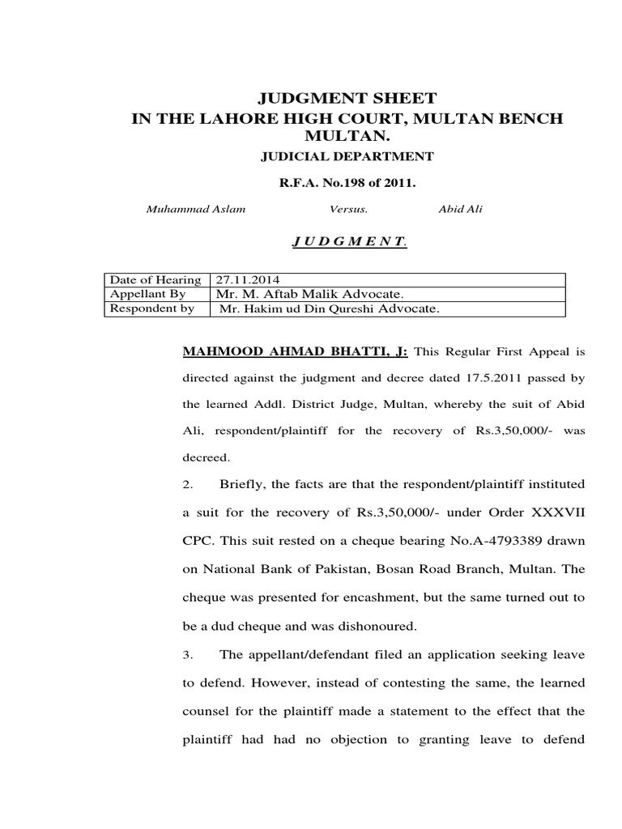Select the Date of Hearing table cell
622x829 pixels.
(155, 280)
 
